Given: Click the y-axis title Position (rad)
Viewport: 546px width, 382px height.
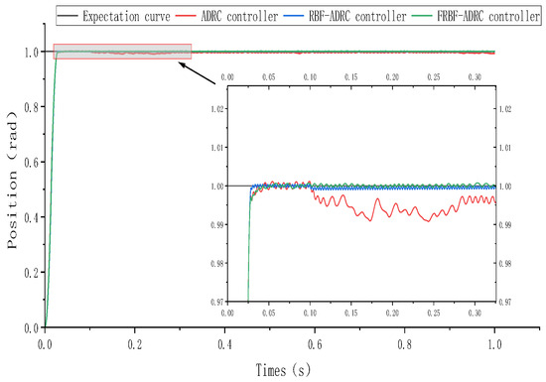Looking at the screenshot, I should (x=14, y=190).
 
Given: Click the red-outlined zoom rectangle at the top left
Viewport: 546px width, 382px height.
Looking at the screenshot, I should (x=122, y=51).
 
